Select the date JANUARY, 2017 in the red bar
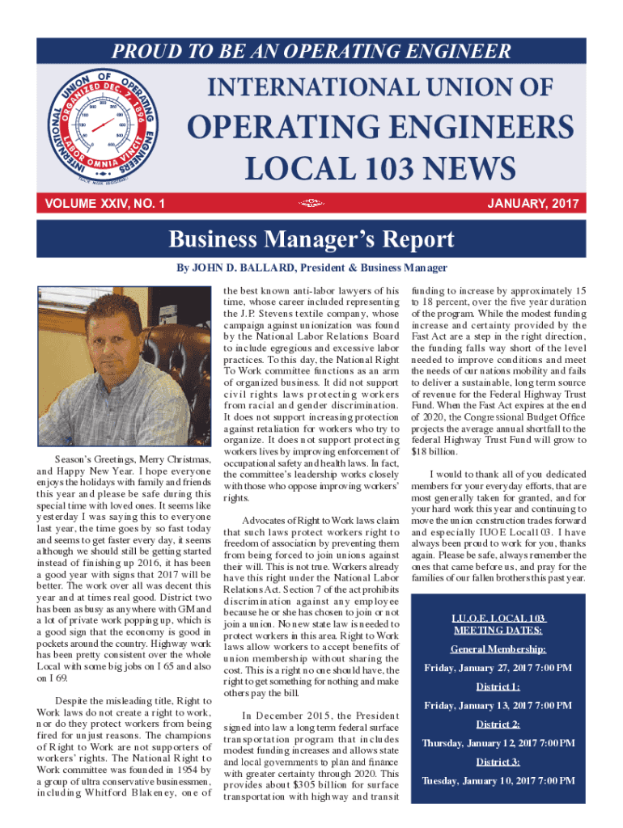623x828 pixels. click(x=532, y=204)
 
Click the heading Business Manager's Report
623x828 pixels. click(x=311, y=240)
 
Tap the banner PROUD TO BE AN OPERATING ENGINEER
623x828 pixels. click(x=311, y=52)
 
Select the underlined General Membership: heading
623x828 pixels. click(x=498, y=649)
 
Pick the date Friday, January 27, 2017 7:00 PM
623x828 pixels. click(x=498, y=668)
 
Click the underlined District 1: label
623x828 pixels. click(x=498, y=687)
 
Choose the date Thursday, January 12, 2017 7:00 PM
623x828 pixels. click(x=498, y=743)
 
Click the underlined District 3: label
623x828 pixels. click(x=498, y=762)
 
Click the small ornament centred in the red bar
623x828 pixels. click(x=311, y=204)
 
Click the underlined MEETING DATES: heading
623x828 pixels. click(x=498, y=630)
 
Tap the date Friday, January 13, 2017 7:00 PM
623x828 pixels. click(x=498, y=706)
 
